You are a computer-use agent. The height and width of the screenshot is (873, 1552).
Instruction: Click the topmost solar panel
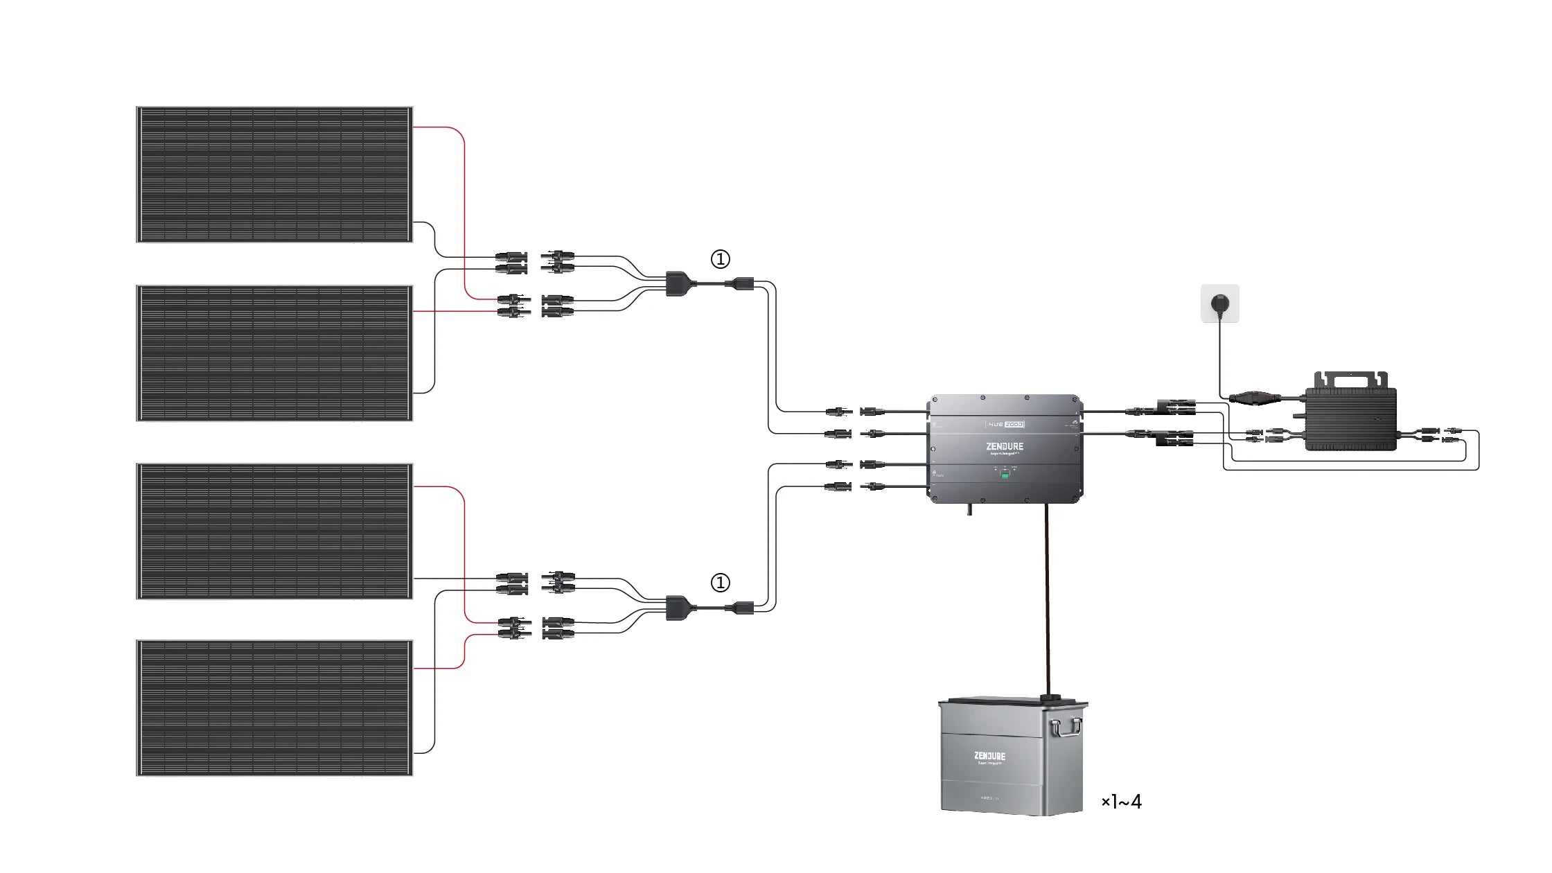(274, 175)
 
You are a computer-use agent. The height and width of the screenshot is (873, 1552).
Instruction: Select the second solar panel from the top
(274, 353)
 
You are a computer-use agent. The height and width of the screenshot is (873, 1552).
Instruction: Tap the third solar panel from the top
(274, 531)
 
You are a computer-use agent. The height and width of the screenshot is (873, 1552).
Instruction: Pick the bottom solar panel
(274, 707)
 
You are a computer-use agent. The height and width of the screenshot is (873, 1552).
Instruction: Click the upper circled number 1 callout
(721, 259)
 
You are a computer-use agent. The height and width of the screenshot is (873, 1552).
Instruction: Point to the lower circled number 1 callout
(721, 583)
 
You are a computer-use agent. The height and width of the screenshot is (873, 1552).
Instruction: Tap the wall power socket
(1219, 303)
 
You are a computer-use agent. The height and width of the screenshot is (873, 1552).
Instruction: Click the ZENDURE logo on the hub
(1005, 446)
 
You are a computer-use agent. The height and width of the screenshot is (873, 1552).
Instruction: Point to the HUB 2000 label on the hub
(1005, 424)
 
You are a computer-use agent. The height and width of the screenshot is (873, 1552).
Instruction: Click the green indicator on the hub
(1005, 476)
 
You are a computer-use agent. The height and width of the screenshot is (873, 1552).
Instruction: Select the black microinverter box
(1350, 419)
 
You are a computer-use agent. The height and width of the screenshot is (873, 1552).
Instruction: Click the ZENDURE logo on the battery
(989, 756)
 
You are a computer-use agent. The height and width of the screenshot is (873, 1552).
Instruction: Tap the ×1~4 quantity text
(1121, 802)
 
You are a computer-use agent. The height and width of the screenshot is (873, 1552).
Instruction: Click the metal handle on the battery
(1066, 728)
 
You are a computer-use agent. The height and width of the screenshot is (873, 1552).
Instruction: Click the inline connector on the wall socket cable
(1255, 398)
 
